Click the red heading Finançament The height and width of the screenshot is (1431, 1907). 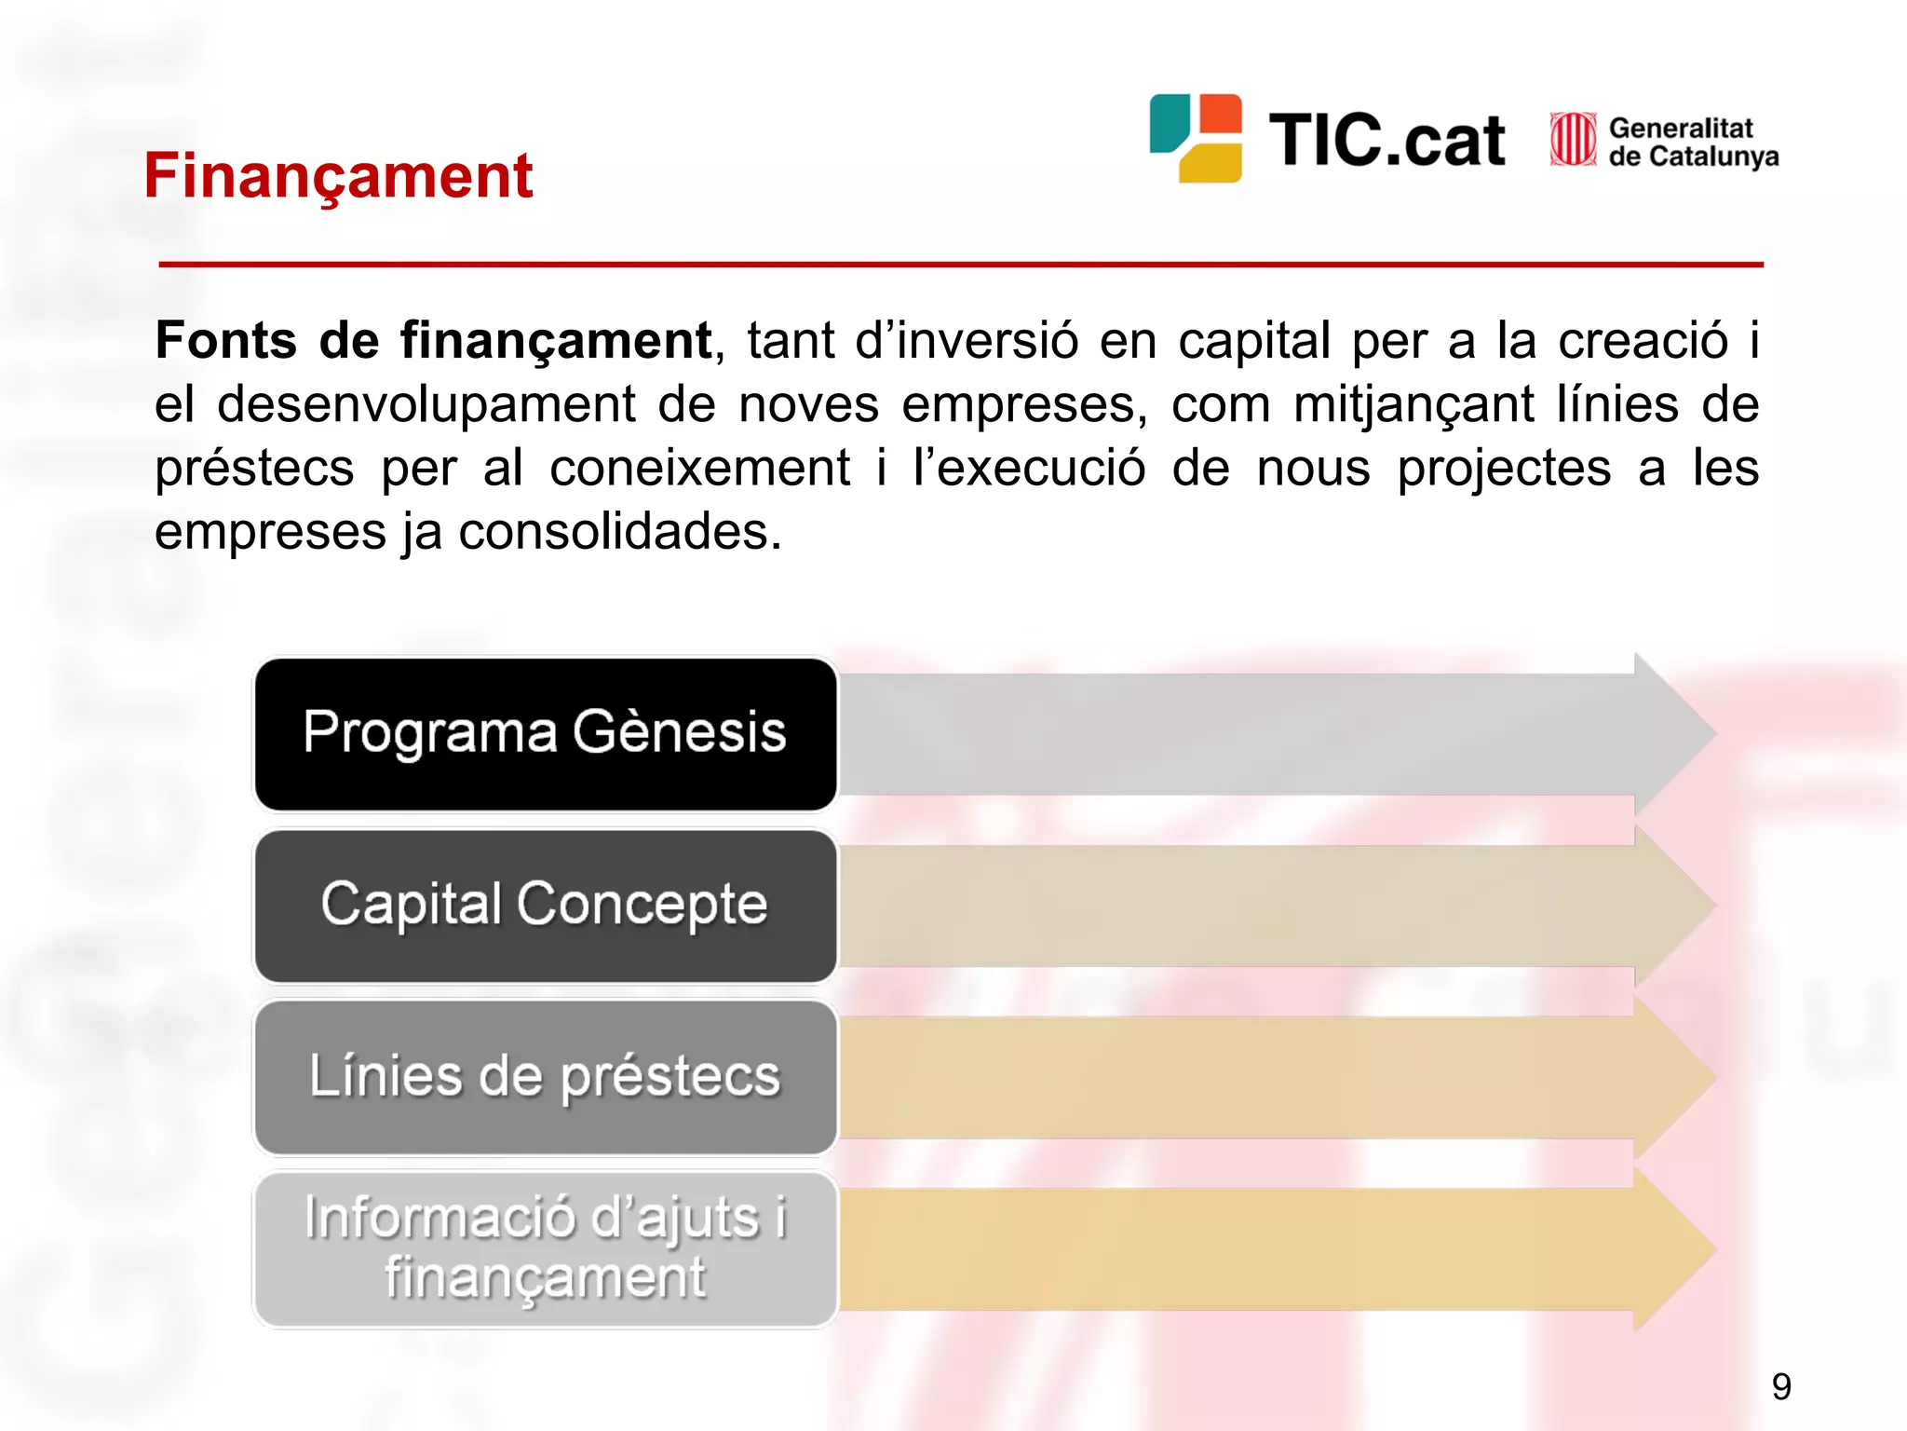(337, 175)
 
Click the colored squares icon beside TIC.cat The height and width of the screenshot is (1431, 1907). (1196, 138)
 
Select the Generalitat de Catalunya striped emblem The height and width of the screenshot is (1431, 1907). (1572, 140)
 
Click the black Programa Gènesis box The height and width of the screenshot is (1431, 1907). (546, 734)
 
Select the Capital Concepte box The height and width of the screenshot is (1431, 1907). (546, 906)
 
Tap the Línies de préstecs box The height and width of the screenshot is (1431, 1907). (546, 1077)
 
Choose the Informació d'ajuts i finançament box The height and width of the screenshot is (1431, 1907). (546, 1248)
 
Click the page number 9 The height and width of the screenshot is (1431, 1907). (1781, 1386)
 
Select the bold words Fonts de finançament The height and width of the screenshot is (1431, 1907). (433, 340)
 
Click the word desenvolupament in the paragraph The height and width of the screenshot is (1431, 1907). (426, 404)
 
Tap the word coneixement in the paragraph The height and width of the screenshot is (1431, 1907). (699, 468)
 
